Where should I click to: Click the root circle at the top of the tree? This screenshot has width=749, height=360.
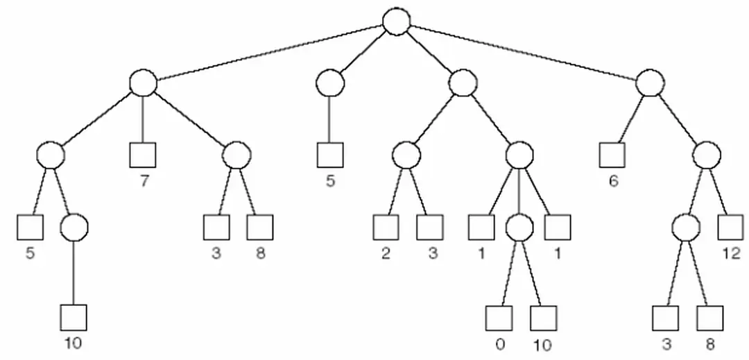[x=396, y=21]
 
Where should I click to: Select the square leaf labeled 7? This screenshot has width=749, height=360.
[x=142, y=155]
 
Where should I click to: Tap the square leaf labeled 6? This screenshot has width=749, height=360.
[x=612, y=155]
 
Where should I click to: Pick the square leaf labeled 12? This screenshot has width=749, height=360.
[x=730, y=227]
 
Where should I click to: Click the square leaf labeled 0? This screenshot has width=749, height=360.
[x=499, y=318]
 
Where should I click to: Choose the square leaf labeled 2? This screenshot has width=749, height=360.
[x=386, y=227]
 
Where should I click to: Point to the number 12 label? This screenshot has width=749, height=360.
[x=731, y=253]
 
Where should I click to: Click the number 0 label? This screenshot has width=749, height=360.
[x=499, y=344]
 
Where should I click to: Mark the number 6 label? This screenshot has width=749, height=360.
[x=613, y=181]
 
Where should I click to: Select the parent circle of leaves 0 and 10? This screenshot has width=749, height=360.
[x=519, y=227]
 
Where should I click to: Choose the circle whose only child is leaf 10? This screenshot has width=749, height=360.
[x=74, y=227]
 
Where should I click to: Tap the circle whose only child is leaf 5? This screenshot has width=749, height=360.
[x=329, y=84]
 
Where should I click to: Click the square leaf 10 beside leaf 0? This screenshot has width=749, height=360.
[x=543, y=318]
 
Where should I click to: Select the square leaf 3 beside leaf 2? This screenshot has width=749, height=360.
[x=430, y=227]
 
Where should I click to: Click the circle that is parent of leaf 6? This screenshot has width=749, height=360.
[x=650, y=83]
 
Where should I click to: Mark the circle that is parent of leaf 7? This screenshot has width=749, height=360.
[x=143, y=83]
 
